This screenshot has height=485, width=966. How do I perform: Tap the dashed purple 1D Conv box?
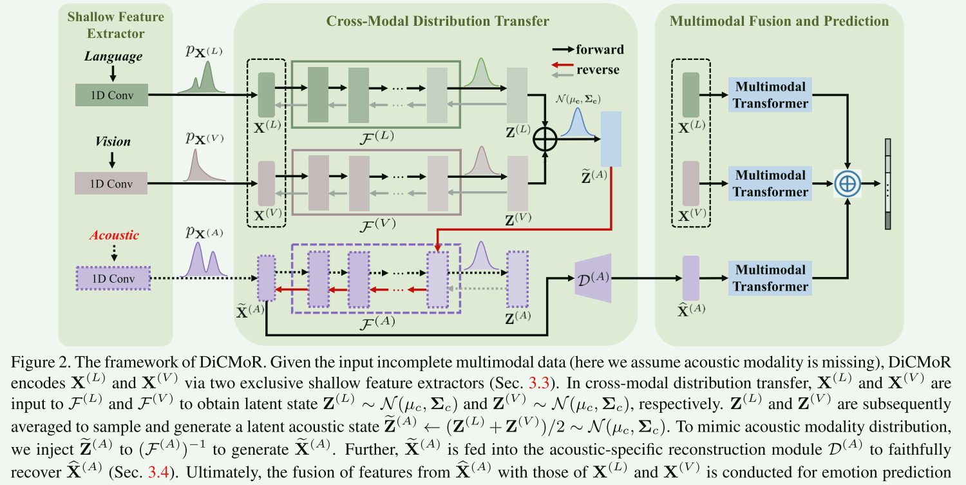pyautogui.click(x=113, y=278)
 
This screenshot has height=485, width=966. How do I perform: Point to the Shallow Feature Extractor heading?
pyautogui.click(x=115, y=24)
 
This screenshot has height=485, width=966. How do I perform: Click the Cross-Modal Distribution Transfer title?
pyautogui.click(x=437, y=21)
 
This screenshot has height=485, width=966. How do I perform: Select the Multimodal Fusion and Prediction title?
pyautogui.click(x=779, y=21)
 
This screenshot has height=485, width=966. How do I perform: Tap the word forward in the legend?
pyautogui.click(x=600, y=50)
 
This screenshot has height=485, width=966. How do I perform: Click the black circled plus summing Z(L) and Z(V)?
pyautogui.click(x=545, y=139)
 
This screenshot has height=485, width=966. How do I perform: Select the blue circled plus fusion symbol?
pyautogui.click(x=848, y=184)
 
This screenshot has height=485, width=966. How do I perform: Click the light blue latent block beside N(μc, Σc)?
pyautogui.click(x=611, y=138)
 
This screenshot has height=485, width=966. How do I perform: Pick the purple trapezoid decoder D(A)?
pyautogui.click(x=592, y=278)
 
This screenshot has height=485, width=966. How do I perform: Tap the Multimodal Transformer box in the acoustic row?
pyautogui.click(x=770, y=278)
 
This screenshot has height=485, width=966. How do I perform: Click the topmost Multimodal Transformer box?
pyautogui.click(x=770, y=95)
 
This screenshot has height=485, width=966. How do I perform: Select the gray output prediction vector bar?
pyautogui.click(x=888, y=184)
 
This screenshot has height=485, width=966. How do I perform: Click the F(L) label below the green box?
pyautogui.click(x=377, y=135)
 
